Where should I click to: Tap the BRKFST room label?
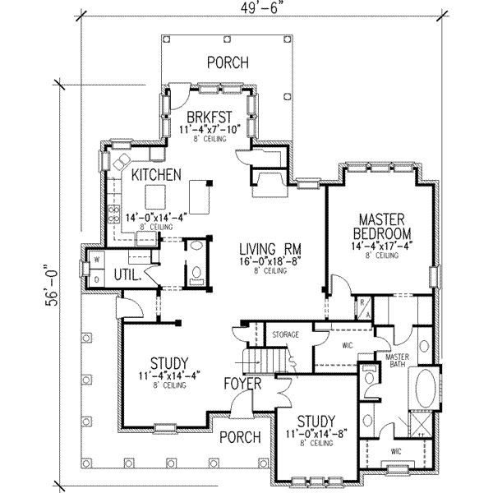click(209, 116)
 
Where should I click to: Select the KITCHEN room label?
click(156, 175)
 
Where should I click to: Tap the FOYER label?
click(245, 383)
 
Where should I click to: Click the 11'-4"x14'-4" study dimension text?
click(171, 377)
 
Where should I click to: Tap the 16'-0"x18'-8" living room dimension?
click(268, 261)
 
